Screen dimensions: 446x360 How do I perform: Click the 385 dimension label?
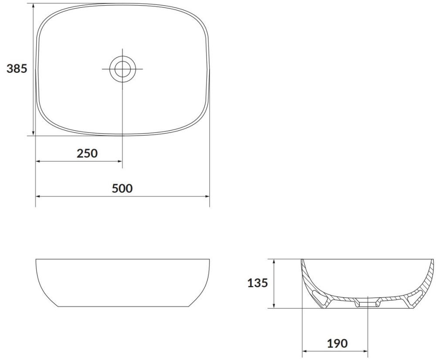17,68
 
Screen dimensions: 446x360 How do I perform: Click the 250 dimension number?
87,153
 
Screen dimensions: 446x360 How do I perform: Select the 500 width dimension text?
122,188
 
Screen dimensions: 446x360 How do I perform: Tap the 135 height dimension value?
258,283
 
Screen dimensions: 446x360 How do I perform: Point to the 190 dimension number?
338,343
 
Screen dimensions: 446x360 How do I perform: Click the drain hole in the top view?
122,68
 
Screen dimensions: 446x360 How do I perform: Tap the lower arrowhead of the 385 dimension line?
34,132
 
